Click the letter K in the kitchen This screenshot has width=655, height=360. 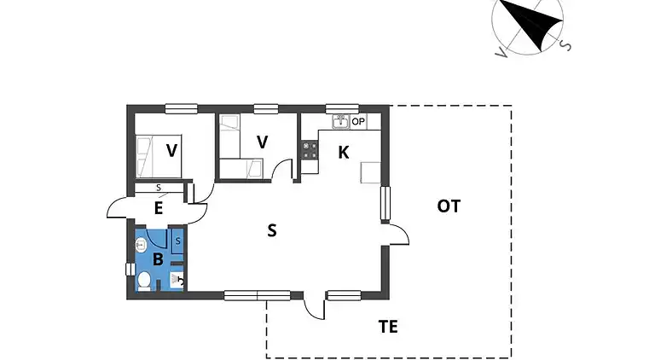point(344,153)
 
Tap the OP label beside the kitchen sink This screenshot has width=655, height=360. point(358,122)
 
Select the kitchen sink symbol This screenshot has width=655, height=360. point(340,122)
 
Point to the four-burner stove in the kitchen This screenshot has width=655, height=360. point(309,152)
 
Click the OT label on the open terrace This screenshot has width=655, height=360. point(449,206)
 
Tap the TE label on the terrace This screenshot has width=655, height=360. point(388,326)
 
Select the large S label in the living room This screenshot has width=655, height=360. point(271,229)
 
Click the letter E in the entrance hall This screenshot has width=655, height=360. point(158,206)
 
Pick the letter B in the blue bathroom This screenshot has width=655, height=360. point(158,258)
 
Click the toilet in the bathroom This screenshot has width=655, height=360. point(144,280)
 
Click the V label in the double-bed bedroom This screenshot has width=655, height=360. point(172,151)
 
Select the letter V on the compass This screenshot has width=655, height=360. point(500,53)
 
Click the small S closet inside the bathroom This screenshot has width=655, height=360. point(177,241)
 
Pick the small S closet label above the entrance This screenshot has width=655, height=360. point(159,188)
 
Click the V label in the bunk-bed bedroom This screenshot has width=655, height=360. point(263,142)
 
